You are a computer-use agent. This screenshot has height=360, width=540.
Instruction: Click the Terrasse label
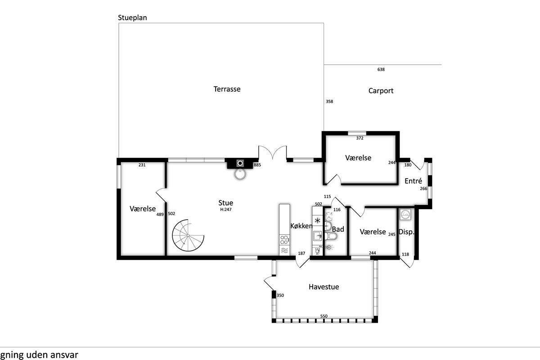pos(227,89)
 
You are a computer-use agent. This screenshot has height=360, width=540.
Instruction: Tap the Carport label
pos(381,90)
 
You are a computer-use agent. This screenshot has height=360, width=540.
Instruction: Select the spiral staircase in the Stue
pos(188,235)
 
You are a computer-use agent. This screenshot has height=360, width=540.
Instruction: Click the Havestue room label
pos(324,287)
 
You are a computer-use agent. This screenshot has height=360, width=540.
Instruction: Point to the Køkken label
pos(301,226)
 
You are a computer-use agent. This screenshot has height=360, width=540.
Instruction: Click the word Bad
pos(338,229)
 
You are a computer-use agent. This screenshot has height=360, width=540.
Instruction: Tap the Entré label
pos(413,181)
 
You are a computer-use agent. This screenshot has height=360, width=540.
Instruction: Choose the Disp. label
pos(406,232)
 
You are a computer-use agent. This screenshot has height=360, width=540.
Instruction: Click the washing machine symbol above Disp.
pos(405,214)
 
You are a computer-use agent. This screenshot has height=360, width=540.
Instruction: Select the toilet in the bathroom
pos(331,236)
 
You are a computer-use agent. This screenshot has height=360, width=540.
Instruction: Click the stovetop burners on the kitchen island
pos(284,240)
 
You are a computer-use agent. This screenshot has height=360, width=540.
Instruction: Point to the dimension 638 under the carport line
pos(381,69)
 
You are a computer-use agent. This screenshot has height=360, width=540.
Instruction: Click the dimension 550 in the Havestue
pos(324,316)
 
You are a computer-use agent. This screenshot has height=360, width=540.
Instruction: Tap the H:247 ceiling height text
pos(225,210)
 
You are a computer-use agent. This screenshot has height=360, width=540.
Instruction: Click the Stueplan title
pos(132,18)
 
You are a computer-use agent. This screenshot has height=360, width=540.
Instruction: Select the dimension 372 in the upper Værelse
pos(360,138)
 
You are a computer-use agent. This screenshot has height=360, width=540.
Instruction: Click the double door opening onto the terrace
pos(273,153)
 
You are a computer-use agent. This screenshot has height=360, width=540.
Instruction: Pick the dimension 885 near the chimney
pos(257,165)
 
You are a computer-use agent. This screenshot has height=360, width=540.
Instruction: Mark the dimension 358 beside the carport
pos(329,102)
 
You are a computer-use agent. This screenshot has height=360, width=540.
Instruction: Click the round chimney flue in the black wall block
pos(240,163)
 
